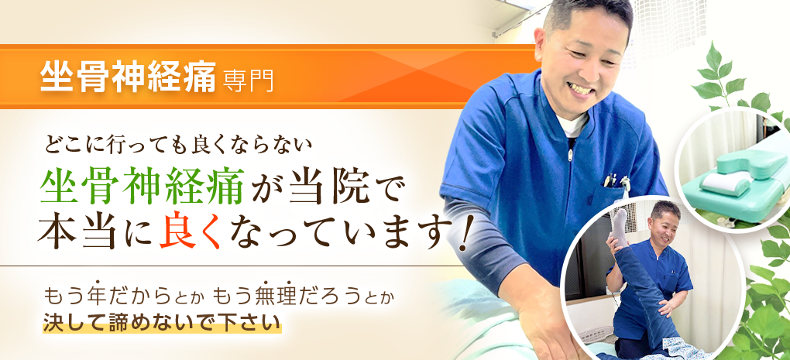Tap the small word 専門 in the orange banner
(x=248, y=81)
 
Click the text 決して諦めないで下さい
(x=162, y=320)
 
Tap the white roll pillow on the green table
(x=725, y=183)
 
